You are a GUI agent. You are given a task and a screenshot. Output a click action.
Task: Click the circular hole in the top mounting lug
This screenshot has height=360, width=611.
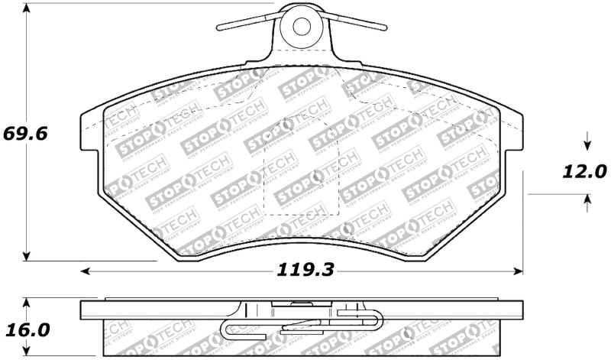(301, 26)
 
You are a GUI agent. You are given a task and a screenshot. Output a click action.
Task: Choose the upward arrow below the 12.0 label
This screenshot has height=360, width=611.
(587, 201)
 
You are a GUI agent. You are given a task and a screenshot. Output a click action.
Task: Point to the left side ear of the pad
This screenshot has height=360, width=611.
(90, 138)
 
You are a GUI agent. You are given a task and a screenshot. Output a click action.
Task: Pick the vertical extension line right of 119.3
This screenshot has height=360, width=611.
(522, 222)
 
